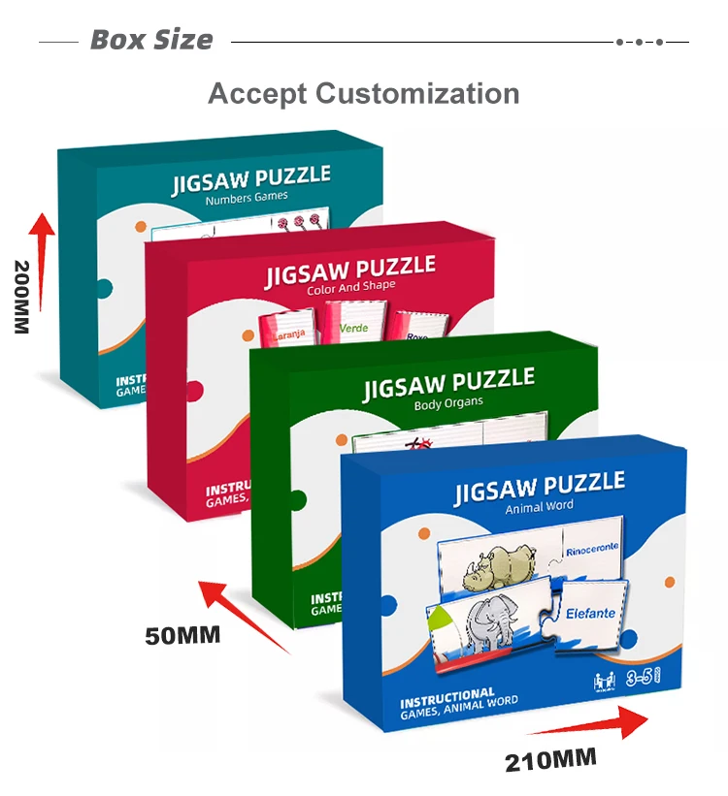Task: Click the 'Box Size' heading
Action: click(x=151, y=41)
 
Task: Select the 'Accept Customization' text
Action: click(x=363, y=94)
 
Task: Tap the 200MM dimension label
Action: click(x=21, y=297)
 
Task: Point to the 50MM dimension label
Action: click(x=182, y=636)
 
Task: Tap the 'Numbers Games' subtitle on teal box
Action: click(x=247, y=199)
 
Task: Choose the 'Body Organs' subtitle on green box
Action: click(x=447, y=403)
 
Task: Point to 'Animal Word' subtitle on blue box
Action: click(x=540, y=506)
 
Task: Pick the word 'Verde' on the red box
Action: click(x=353, y=328)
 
